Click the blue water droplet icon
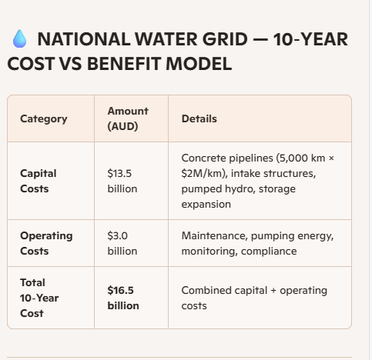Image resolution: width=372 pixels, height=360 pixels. (x=19, y=38)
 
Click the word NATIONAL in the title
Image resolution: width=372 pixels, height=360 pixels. (x=84, y=39)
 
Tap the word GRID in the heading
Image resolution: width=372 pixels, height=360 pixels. (x=225, y=39)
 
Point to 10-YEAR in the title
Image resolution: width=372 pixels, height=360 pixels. (x=310, y=39)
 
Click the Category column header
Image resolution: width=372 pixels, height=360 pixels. (x=44, y=119)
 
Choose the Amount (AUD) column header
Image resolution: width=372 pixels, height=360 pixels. (x=128, y=118)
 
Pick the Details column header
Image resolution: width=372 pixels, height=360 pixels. (x=199, y=118)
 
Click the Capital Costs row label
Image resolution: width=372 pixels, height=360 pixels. (x=39, y=181)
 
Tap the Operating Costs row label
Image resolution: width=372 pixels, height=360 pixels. (x=46, y=243)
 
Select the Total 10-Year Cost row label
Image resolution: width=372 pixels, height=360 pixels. (x=39, y=298)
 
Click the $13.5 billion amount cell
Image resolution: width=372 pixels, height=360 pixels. (x=122, y=181)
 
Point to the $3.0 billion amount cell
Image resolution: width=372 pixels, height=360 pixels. (x=122, y=243)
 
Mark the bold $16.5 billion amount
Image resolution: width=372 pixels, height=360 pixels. (x=123, y=298)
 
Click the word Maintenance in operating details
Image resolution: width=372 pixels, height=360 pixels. (x=214, y=236)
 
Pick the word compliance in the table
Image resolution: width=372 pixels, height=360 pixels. (x=269, y=252)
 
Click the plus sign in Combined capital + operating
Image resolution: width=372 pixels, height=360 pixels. (x=273, y=291)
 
